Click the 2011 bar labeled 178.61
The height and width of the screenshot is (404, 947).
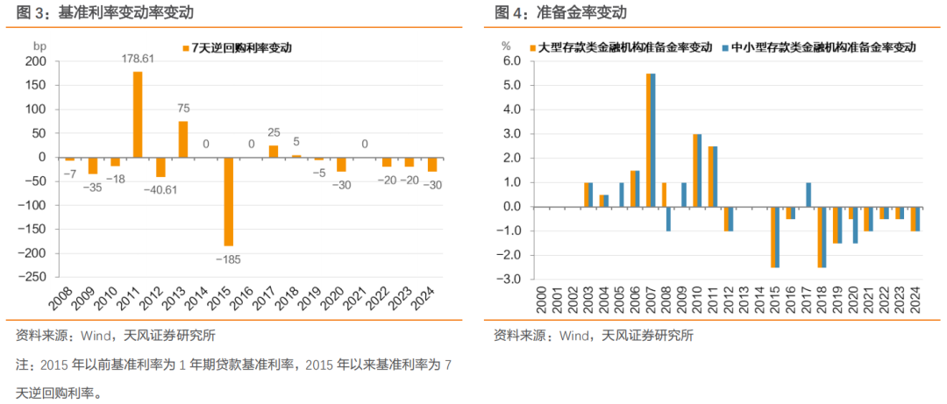pyautogui.click(x=138, y=114)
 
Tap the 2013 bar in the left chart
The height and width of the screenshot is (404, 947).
pyautogui.click(x=183, y=139)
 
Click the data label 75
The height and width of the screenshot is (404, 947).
pyautogui.click(x=183, y=109)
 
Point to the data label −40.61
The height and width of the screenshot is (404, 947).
pyautogui.click(x=160, y=188)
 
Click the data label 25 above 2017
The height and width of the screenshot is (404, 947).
pyautogui.click(x=274, y=132)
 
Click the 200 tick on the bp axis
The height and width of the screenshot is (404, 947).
pyautogui.click(x=38, y=62)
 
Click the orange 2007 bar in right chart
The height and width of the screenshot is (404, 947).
pyautogui.click(x=648, y=140)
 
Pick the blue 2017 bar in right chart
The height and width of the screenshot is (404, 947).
pyautogui.click(x=808, y=195)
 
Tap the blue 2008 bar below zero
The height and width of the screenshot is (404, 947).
pyautogui.click(x=668, y=219)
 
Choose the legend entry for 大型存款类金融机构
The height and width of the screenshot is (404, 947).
pyautogui.click(x=623, y=48)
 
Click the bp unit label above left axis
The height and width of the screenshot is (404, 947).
pyautogui.click(x=40, y=45)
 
